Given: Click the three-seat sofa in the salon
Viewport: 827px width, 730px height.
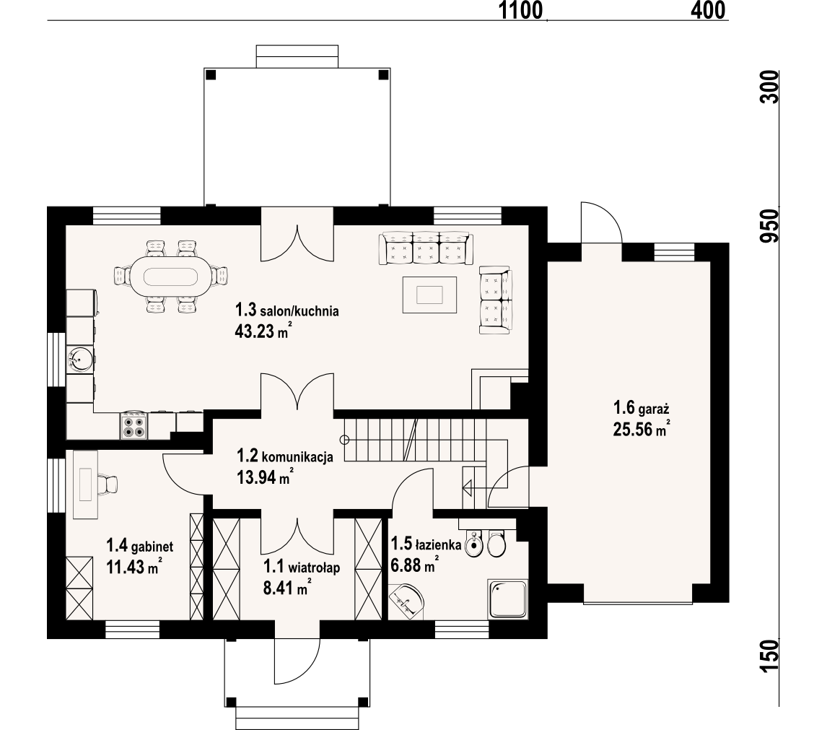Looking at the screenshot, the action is tap(426, 248).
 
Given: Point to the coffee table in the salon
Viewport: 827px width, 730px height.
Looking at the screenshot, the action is tap(429, 295).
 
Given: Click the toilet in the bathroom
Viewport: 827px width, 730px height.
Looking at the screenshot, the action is tap(496, 542).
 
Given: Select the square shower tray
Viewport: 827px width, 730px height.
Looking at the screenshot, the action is tap(508, 599).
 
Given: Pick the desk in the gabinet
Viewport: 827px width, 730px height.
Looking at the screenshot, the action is tap(85, 485).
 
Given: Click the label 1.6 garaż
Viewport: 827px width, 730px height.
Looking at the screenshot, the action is tap(641, 408).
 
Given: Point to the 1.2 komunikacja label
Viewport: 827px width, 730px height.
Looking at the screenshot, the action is tap(285, 456).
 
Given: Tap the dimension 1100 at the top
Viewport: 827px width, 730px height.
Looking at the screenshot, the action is tap(520, 10).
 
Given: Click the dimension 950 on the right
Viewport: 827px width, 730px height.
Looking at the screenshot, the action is tap(770, 225).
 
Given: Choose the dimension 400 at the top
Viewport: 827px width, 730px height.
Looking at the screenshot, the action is tap(708, 10).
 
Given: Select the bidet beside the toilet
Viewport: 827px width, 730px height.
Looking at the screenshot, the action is tap(475, 544).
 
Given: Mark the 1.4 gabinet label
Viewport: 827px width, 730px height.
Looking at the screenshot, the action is tap(140, 545).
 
